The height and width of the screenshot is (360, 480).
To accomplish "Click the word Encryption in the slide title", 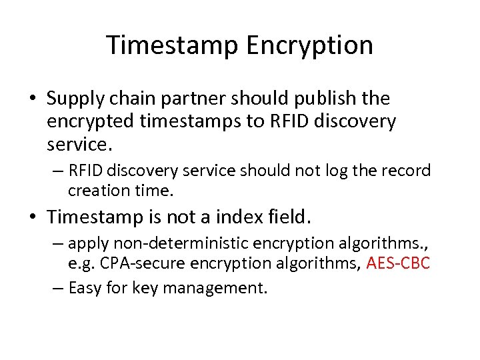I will (310, 45).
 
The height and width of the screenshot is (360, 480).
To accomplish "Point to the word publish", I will (321, 99).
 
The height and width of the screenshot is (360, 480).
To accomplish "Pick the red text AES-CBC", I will (399, 264).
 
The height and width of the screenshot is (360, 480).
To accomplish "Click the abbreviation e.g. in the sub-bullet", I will (80, 264).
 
